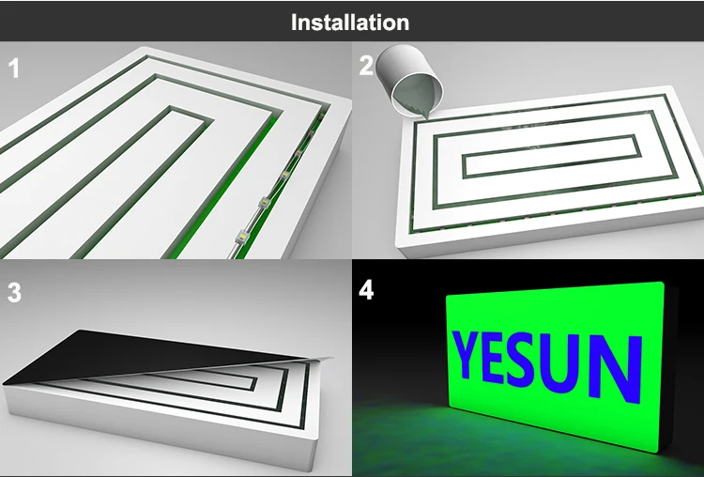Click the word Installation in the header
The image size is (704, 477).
click(350, 23)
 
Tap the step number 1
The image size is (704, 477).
click(14, 69)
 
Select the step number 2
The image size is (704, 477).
click(365, 66)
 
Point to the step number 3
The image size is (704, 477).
click(14, 292)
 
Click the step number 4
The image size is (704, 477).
click(366, 290)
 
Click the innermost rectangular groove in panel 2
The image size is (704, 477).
click(551, 156)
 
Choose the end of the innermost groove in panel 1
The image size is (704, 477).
click(190, 113)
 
